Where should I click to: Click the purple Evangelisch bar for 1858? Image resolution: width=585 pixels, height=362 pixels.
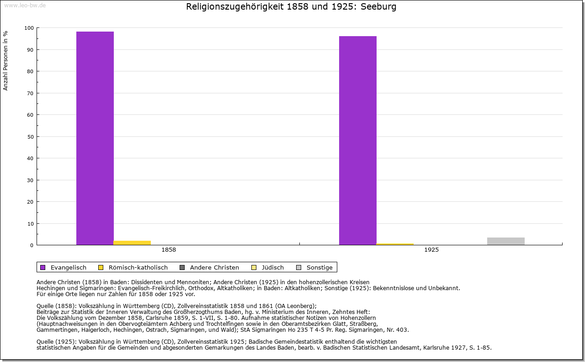[95, 138]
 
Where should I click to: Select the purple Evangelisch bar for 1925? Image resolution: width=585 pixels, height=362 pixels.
[358, 140]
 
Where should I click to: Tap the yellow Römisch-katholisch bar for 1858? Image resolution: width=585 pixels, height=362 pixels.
[132, 243]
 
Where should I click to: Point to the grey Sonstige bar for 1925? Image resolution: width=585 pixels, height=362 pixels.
[506, 241]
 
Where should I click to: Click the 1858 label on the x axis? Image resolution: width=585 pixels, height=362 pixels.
[169, 250]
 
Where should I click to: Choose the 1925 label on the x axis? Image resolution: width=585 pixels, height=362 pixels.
[431, 250]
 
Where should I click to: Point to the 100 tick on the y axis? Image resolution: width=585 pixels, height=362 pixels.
[29, 28]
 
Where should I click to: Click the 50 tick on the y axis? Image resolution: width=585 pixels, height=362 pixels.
[30, 137]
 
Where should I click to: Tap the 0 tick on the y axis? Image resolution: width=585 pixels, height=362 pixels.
[32, 245]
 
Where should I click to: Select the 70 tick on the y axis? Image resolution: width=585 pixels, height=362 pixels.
[30, 93]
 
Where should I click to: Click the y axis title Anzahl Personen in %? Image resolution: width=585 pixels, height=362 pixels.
[5, 61]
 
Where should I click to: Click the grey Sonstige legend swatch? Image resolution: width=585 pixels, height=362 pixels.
[299, 267]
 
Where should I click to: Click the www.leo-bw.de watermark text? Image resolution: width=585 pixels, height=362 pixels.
[25, 5]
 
